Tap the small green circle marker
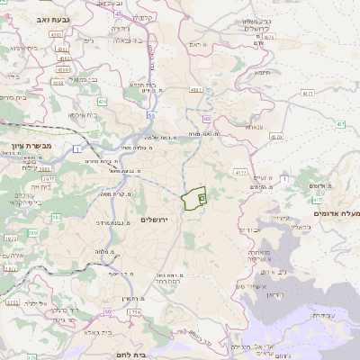tap(202, 197)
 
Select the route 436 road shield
tap(102, 103)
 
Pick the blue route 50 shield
tap(151, 115)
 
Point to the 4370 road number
tap(275, 137)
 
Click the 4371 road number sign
tap(308, 94)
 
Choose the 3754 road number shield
tap(134, 311)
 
